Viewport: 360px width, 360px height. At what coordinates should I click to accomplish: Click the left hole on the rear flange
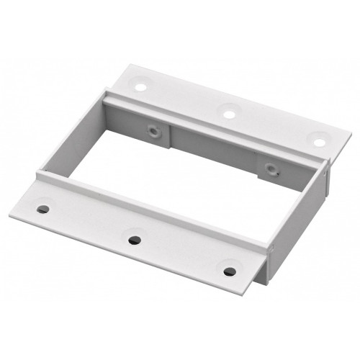(141, 86)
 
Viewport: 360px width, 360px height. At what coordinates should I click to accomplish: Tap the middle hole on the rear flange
(229, 112)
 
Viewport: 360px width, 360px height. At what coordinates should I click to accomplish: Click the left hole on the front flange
(43, 210)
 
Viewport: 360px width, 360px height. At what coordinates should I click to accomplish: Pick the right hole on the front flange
(230, 271)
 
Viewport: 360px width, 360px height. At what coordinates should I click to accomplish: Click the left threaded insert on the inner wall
(153, 132)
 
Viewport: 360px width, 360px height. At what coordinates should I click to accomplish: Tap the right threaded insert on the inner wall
(271, 170)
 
